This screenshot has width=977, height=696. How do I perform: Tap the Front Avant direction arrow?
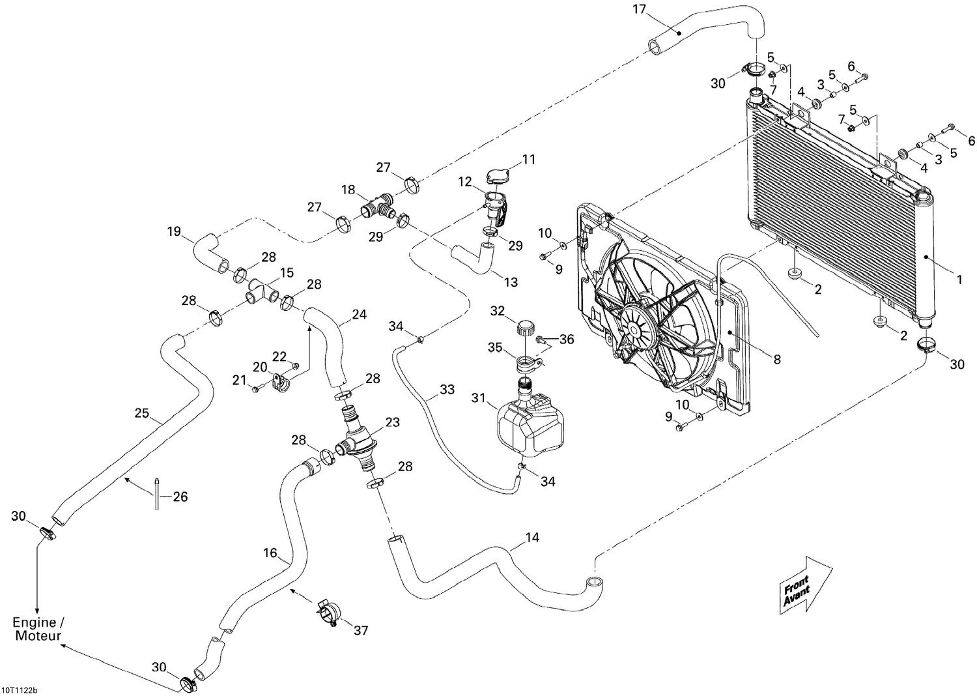(x=804, y=584)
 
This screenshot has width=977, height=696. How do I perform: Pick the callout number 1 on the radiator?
(x=959, y=280)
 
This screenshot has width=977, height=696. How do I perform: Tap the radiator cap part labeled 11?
(x=498, y=175)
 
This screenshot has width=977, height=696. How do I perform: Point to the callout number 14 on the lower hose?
(x=532, y=538)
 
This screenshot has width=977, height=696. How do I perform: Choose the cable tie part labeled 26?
(x=158, y=496)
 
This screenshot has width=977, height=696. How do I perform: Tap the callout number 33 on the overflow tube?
(x=447, y=390)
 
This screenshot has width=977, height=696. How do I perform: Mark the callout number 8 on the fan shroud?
(x=776, y=358)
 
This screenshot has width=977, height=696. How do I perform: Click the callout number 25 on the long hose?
(x=142, y=413)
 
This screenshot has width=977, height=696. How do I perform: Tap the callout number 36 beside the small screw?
(x=567, y=339)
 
